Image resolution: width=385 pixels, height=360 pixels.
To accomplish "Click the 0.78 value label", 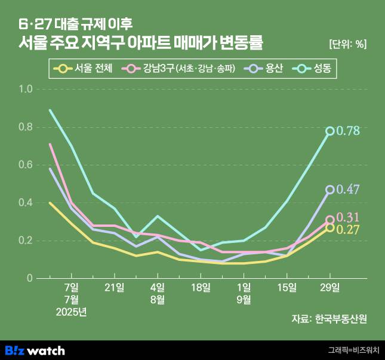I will [348, 131].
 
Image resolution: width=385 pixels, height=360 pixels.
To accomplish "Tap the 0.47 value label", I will [348, 190].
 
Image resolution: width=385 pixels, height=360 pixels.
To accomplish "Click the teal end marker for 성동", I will [330, 131].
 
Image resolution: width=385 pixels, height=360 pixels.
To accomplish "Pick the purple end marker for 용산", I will [330, 190].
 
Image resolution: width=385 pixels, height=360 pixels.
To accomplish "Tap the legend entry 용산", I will [267, 69].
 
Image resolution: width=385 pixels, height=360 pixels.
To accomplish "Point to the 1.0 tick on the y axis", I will [26, 89].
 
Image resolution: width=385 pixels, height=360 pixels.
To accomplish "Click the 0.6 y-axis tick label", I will [26, 165].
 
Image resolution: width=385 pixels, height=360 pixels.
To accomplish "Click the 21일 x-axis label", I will [115, 288].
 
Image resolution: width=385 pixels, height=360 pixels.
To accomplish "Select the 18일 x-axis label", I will [201, 288].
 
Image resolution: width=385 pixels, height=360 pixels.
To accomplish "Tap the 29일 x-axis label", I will [330, 288].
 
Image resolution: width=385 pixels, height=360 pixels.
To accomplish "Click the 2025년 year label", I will [71, 311].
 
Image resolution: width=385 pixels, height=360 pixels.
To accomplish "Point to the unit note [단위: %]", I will [347, 44].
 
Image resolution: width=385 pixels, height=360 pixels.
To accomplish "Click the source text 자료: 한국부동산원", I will [329, 319].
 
